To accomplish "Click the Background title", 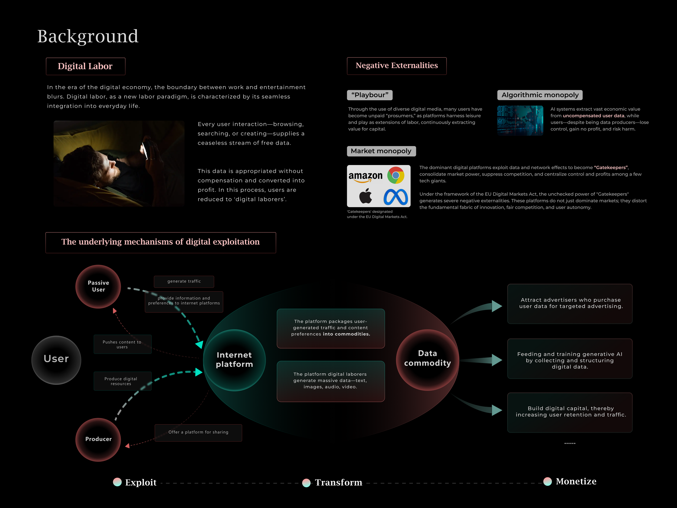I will click(x=87, y=36).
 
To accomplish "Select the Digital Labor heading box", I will click(x=85, y=66).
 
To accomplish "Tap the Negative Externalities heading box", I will click(x=396, y=66).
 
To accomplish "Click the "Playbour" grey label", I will click(x=369, y=95).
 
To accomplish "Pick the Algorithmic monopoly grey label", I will click(x=540, y=95).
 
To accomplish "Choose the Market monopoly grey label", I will click(x=381, y=151).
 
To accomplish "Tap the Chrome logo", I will click(x=395, y=175).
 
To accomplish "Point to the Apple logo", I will click(x=365, y=196).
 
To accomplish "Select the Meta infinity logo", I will click(x=395, y=197).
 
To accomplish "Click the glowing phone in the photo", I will click(x=145, y=149).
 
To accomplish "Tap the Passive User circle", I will click(x=98, y=286).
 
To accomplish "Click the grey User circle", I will click(x=56, y=360).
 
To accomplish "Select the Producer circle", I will click(x=98, y=439).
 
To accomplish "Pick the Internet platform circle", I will click(x=235, y=360).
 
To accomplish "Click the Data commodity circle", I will click(x=427, y=359).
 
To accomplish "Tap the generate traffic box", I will click(x=184, y=281).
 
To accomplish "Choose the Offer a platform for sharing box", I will click(x=198, y=432).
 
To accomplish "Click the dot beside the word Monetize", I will click(x=547, y=481).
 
